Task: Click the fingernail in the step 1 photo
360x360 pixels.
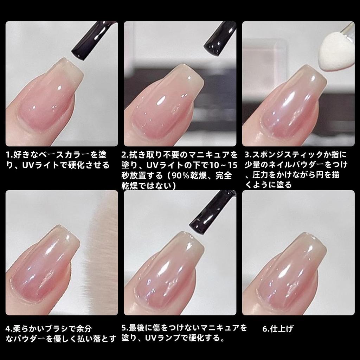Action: coord(53,95)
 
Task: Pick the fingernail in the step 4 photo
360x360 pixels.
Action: coord(46,260)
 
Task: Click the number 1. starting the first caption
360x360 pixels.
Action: coord(9,155)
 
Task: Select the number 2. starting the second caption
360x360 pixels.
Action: coord(125,155)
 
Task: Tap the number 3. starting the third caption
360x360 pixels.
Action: coord(247,155)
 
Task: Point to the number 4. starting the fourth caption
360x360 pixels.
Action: coord(9,329)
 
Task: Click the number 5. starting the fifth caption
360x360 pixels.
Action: coord(125,328)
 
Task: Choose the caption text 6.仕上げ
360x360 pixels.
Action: coord(278,329)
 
